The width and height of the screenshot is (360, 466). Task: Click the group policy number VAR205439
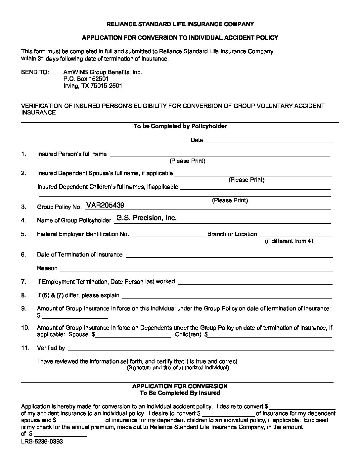pyautogui.click(x=105, y=205)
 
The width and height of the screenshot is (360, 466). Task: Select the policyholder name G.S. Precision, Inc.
pyautogui.click(x=147, y=218)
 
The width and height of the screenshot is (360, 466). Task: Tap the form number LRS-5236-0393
pyautogui.click(x=42, y=442)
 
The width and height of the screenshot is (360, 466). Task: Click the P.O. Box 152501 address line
pyautogui.click(x=86, y=79)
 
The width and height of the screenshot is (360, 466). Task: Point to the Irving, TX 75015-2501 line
pyautogui.click(x=93, y=86)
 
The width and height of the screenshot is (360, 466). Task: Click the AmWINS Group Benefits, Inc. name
pyautogui.click(x=103, y=72)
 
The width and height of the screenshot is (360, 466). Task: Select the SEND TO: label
pyautogui.click(x=35, y=72)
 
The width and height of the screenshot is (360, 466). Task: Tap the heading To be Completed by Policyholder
pyautogui.click(x=180, y=126)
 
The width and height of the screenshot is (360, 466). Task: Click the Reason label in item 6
pyautogui.click(x=47, y=268)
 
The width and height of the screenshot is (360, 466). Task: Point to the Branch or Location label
pyautogui.click(x=232, y=234)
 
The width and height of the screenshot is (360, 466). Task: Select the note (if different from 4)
pyautogui.click(x=289, y=241)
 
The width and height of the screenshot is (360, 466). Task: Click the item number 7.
pyautogui.click(x=23, y=282)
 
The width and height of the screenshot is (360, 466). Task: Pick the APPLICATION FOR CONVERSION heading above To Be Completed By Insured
pyautogui.click(x=180, y=386)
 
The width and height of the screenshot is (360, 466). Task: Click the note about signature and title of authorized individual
pyautogui.click(x=178, y=368)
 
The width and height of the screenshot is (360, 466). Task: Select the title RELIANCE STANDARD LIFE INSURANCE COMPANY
pyautogui.click(x=180, y=24)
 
